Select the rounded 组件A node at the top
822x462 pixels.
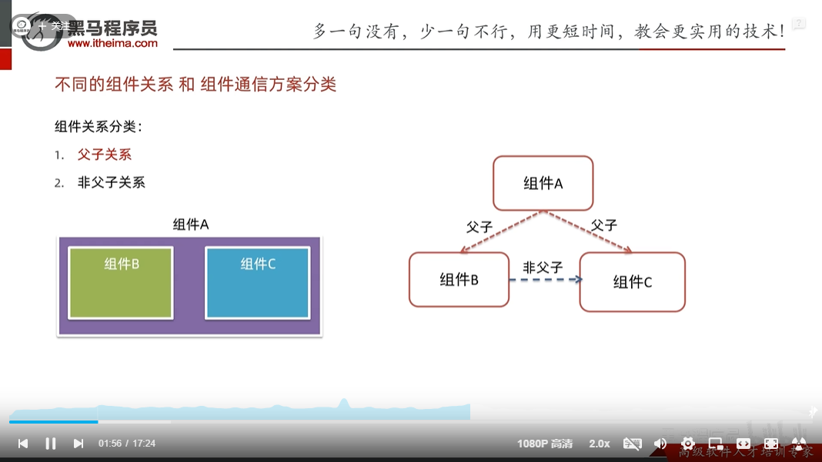click(543, 183)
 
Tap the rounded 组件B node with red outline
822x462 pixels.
click(459, 279)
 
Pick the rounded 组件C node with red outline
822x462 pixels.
click(632, 281)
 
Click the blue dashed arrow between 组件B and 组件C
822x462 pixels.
click(545, 280)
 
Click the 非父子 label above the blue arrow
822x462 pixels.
click(543, 267)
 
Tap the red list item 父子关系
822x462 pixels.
click(105, 155)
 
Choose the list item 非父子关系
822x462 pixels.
click(111, 182)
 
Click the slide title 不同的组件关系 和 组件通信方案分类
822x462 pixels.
click(195, 85)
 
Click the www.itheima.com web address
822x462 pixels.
click(112, 44)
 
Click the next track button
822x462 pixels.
click(79, 444)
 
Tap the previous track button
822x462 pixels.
click(23, 444)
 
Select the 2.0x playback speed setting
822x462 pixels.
click(600, 444)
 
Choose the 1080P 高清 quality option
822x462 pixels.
click(545, 444)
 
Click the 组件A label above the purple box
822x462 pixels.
click(191, 224)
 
